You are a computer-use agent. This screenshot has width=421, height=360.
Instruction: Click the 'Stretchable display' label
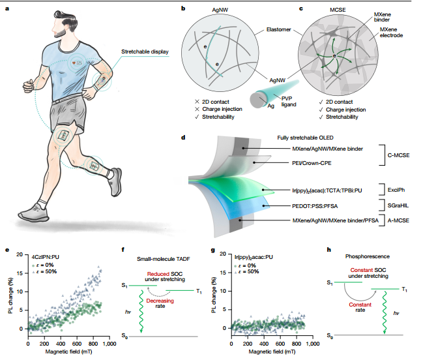145,52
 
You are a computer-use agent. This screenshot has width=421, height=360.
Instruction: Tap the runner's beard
61,33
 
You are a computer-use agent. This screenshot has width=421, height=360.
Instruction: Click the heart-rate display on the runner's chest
77,63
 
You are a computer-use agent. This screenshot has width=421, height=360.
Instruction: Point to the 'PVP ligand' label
289,102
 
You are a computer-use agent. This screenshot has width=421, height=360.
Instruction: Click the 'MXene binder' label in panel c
383,17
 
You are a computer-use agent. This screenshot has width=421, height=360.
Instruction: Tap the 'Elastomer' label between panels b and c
278,29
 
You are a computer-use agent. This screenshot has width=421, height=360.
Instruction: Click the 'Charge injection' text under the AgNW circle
222,109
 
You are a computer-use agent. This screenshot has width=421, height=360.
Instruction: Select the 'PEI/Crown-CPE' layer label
312,163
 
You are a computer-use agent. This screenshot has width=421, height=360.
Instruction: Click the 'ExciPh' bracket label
396,190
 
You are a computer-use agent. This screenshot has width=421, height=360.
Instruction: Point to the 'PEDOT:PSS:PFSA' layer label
315,206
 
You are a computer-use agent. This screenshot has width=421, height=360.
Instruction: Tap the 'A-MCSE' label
398,220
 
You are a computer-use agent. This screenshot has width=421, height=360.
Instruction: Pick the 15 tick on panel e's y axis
20,273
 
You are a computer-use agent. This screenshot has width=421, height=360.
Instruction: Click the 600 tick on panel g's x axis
280,343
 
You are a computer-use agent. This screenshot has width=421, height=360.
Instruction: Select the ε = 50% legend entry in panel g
247,271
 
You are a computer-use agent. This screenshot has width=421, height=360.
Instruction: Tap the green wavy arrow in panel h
385,312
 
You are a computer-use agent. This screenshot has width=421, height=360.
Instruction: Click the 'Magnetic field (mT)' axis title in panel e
68,352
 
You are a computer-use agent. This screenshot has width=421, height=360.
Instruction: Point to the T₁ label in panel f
199,292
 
